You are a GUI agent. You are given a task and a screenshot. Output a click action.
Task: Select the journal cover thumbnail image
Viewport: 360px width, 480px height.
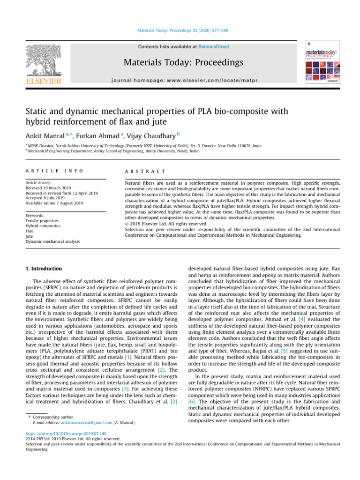321,64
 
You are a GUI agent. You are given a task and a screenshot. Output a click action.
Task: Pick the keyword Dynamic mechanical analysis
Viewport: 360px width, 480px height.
52,242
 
